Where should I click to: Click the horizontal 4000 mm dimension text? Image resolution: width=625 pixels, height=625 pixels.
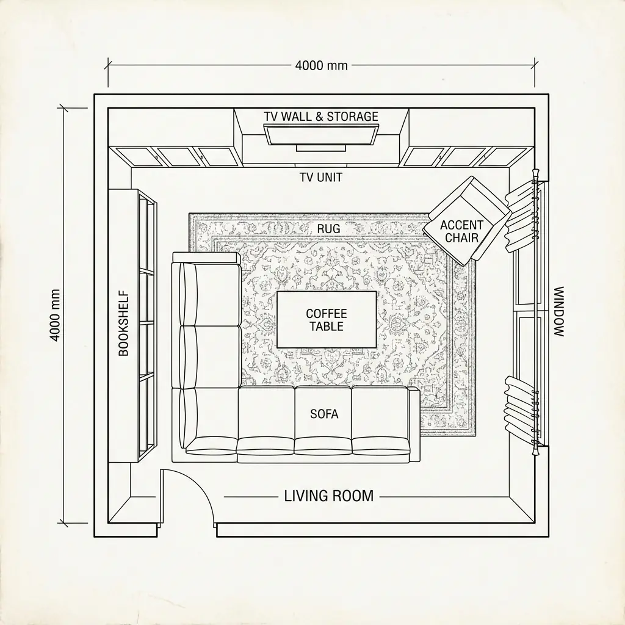click(321, 65)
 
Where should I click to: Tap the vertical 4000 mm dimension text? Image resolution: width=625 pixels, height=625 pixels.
click(56, 315)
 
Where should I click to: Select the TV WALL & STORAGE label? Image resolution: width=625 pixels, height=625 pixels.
click(321, 117)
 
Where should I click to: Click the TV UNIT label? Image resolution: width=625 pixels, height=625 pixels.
click(321, 178)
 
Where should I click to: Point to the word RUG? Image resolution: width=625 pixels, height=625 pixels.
click(328, 228)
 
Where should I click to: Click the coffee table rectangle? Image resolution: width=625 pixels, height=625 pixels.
click(327, 320)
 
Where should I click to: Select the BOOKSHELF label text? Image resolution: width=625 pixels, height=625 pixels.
click(123, 323)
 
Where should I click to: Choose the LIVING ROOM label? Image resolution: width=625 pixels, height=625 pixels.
click(328, 496)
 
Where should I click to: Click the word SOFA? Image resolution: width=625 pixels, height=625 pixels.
click(323, 414)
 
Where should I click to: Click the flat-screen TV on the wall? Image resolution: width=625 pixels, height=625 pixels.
click(321, 134)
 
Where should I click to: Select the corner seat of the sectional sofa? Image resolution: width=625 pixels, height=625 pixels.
click(208, 421)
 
